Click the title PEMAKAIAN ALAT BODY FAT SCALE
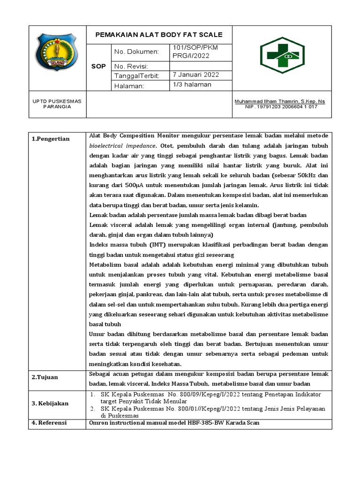(159, 35)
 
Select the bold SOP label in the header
(98, 66)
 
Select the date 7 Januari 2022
(195, 75)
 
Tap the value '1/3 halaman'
(192, 85)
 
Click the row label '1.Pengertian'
(51, 139)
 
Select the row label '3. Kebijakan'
(50, 404)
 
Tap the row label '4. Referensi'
(49, 423)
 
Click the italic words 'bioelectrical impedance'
(122, 145)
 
